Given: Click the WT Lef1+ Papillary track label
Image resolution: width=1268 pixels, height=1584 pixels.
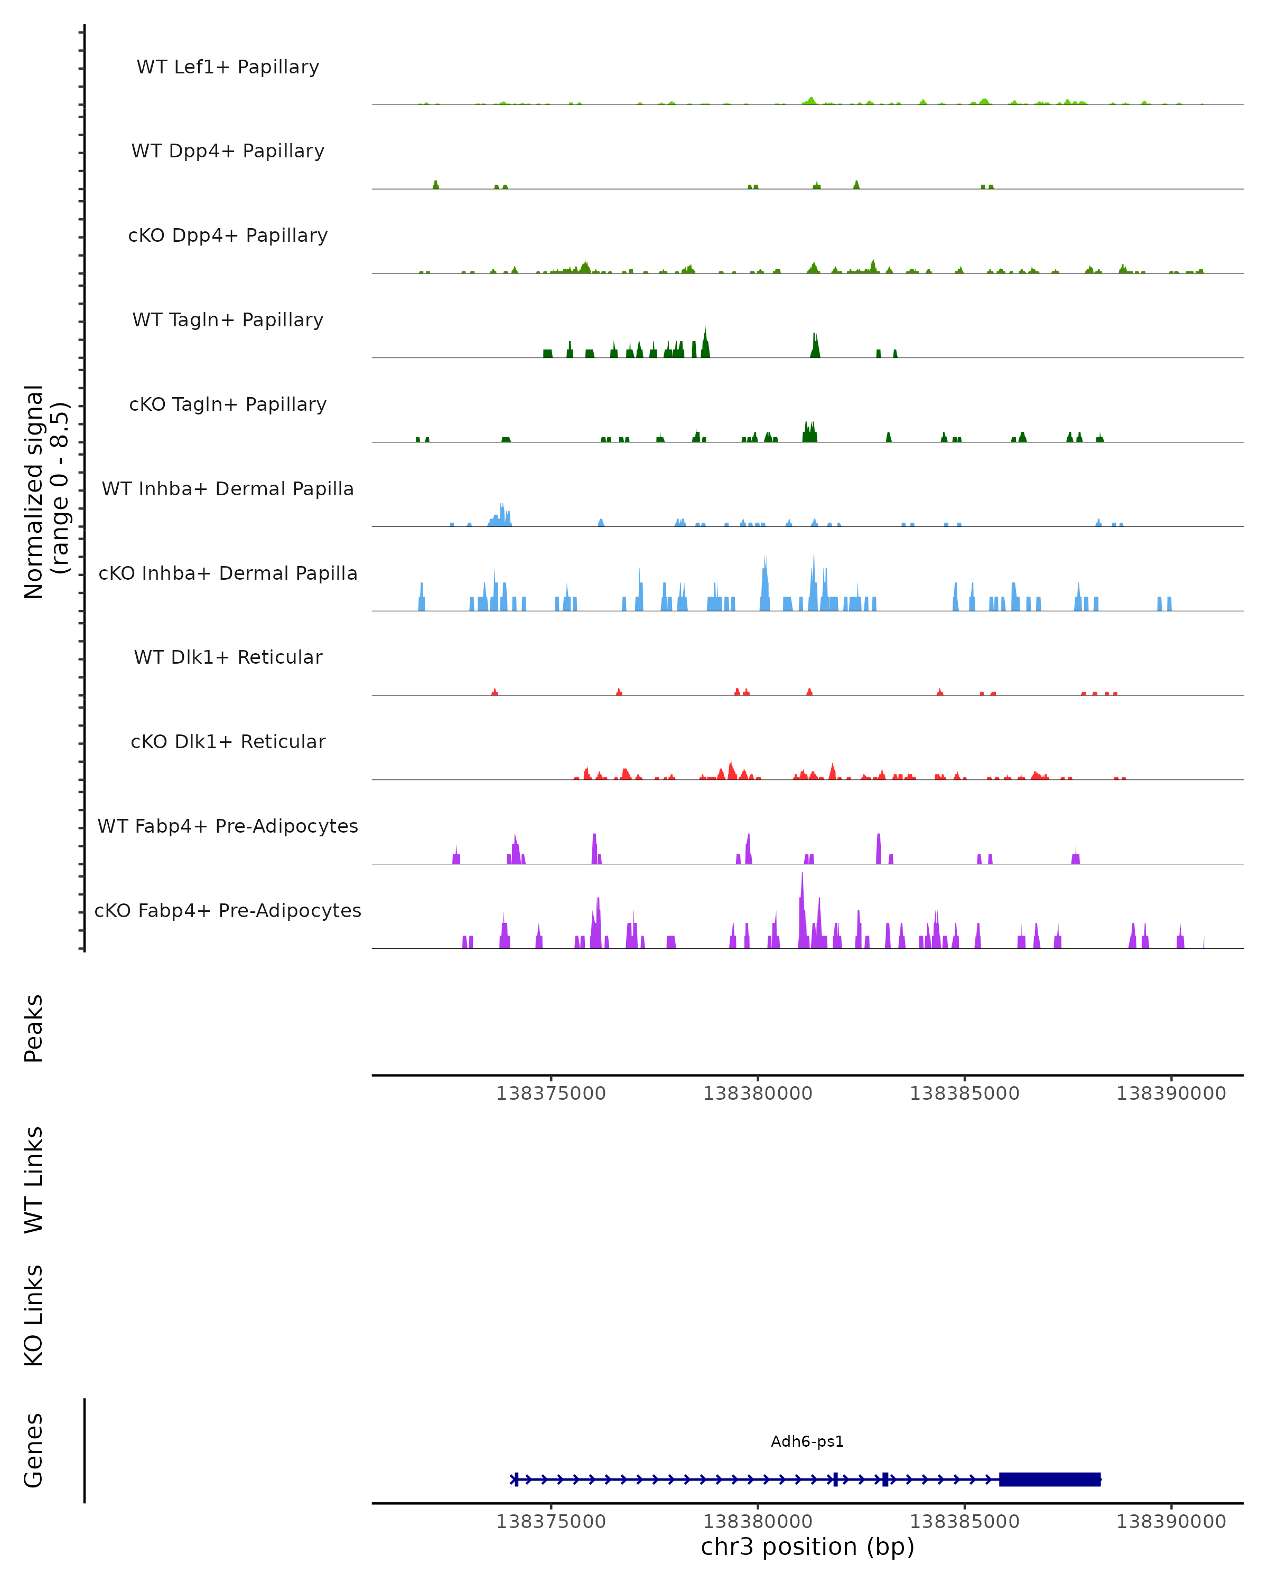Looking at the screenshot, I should pos(228,67).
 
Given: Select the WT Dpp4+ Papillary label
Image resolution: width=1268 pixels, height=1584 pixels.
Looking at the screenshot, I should pos(228,152).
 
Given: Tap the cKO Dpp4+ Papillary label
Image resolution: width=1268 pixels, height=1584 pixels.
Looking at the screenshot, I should pos(228,236).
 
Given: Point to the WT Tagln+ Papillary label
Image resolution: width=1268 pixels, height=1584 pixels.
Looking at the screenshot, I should pos(228,320).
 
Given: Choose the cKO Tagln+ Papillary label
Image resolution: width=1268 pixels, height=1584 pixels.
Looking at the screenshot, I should pos(228,405).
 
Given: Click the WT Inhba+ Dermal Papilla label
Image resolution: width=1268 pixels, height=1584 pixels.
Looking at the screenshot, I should pos(228,489).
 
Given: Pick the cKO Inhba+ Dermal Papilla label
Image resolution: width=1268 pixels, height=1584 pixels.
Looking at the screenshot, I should pos(228,574).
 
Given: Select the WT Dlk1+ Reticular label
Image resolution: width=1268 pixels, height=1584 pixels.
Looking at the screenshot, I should pos(228,657).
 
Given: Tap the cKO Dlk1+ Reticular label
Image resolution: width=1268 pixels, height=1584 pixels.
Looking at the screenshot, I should pos(228,742).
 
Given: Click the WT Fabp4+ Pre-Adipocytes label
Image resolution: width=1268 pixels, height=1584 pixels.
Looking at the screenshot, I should pos(228,826).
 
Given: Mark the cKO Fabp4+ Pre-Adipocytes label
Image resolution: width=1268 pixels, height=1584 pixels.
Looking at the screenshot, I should pos(228,911).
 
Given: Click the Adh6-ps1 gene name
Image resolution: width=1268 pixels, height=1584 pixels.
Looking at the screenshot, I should pos(807,1441).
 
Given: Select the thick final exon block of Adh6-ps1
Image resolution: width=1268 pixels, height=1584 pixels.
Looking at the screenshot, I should pos(1050,1479).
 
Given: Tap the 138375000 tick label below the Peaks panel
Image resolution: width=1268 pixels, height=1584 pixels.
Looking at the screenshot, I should pos(551,1094).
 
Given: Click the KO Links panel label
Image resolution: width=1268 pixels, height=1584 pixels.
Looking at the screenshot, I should pos(34,1315).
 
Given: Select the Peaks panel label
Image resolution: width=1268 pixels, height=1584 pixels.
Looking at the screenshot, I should pos(34,1029).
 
